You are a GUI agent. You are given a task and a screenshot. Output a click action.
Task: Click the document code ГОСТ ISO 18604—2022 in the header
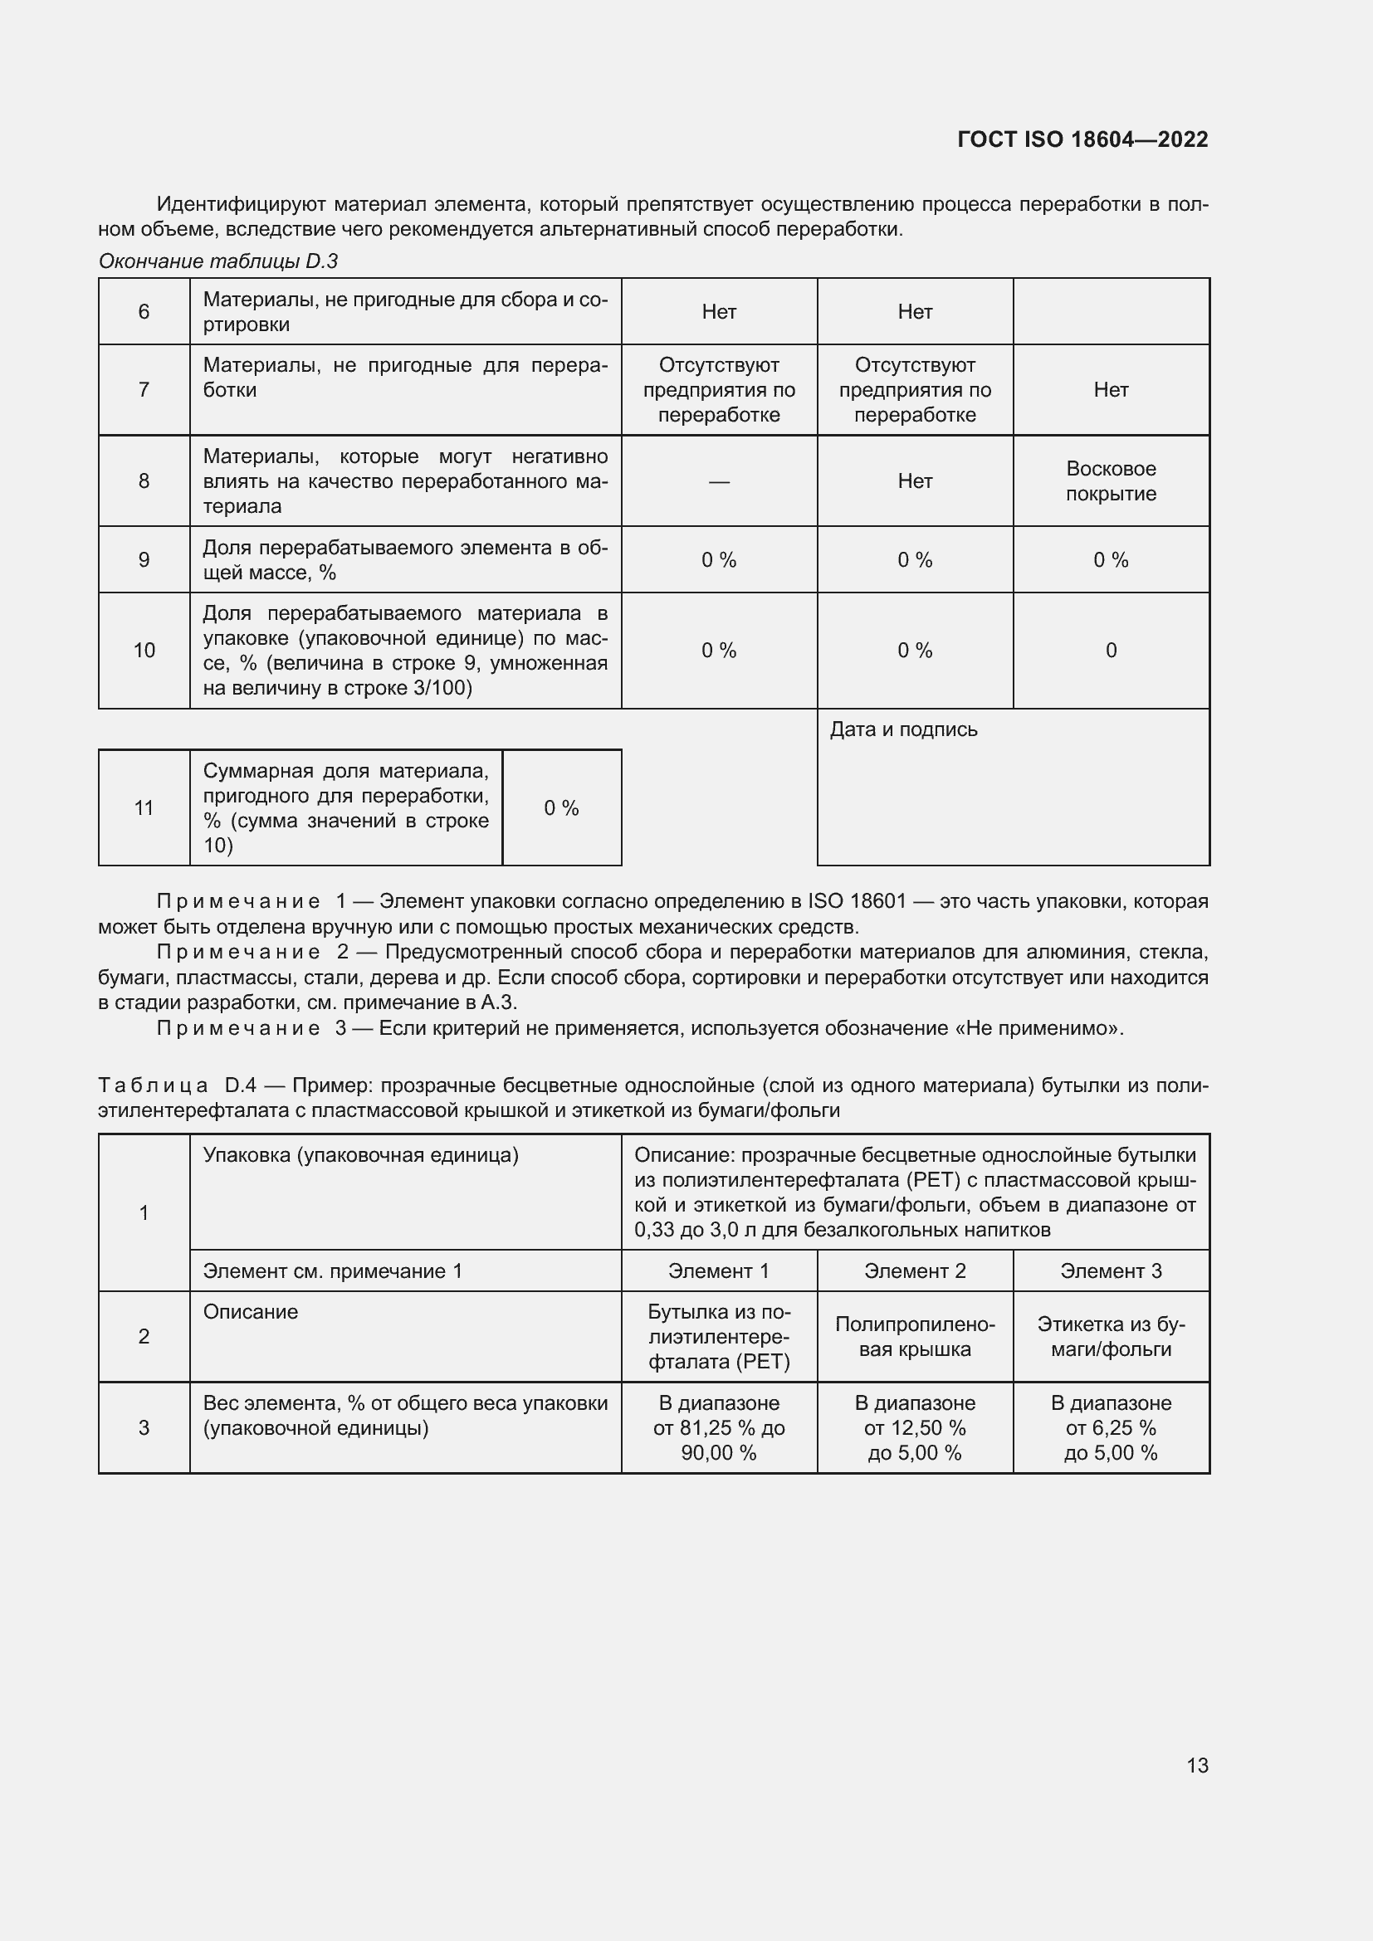click(x=1082, y=139)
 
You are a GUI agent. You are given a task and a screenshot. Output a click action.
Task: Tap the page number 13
click(x=1197, y=1765)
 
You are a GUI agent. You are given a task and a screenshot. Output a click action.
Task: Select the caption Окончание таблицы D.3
click(x=218, y=261)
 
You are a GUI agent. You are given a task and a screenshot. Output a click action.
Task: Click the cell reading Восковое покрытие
click(x=1111, y=481)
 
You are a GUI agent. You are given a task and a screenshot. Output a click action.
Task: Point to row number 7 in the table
click(x=144, y=390)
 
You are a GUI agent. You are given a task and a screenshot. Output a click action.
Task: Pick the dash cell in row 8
click(x=719, y=481)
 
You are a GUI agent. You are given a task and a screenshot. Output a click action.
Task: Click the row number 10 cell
click(x=144, y=650)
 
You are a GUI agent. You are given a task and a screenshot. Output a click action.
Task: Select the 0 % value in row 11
click(x=561, y=808)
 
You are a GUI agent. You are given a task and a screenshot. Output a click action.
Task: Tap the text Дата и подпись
click(x=903, y=729)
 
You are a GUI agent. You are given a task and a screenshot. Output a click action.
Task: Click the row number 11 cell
click(x=144, y=808)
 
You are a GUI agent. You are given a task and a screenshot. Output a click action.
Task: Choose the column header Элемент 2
click(x=915, y=1270)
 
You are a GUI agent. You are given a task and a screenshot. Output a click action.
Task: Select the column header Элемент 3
click(x=1111, y=1270)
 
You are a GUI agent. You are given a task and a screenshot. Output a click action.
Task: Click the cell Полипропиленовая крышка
click(x=915, y=1337)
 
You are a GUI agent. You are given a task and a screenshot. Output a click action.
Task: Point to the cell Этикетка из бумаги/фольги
click(x=1111, y=1337)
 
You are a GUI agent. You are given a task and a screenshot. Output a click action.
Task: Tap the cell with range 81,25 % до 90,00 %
click(x=719, y=1428)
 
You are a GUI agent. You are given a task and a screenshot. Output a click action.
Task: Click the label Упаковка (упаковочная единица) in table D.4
click(x=360, y=1155)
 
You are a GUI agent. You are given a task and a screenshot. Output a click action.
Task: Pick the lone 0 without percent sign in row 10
click(x=1111, y=650)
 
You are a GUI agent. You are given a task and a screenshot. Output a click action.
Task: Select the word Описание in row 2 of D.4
click(x=250, y=1312)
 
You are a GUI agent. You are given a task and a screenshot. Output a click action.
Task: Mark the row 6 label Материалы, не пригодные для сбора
click(x=405, y=311)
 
